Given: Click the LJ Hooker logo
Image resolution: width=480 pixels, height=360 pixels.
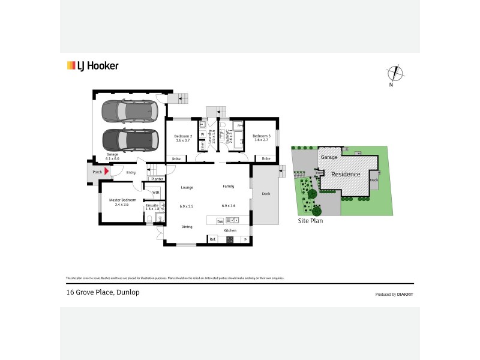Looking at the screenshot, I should point(92,66).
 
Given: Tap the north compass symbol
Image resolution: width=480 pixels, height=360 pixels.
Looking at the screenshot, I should point(394,74).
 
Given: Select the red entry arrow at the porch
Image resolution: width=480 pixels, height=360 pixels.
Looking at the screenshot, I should point(107,172).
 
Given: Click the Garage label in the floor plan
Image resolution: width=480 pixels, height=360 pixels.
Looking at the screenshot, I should point(112,154).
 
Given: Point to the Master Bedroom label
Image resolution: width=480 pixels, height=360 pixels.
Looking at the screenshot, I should point(122,200).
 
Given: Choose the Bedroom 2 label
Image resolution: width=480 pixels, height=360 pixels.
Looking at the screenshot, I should point(183,136).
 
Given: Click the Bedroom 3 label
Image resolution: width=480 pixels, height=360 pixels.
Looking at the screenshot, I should point(262,136).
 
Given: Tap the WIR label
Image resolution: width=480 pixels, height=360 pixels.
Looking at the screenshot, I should point(155,192).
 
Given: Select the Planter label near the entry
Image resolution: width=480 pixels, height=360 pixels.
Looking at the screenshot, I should point(157,179).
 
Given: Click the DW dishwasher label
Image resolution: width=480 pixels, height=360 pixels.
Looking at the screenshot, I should point(220,221).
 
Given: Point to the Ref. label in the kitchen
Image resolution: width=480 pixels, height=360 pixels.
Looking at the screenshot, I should point(212,239).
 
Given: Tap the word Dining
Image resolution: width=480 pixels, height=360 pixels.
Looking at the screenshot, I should point(187,226).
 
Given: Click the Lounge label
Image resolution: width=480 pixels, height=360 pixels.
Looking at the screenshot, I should point(187,187).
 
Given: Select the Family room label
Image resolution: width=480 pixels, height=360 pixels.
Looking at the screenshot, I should point(228,187).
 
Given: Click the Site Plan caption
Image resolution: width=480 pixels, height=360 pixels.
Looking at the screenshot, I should point(311,221).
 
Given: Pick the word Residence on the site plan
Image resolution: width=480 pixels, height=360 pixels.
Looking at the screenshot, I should point(346,174).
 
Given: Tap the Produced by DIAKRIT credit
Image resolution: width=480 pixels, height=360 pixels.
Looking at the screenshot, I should point(394,294).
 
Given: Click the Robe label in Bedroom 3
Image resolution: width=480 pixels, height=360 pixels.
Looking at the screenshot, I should point(266,158).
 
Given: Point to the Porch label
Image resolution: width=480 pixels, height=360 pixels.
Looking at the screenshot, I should point(97,172).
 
